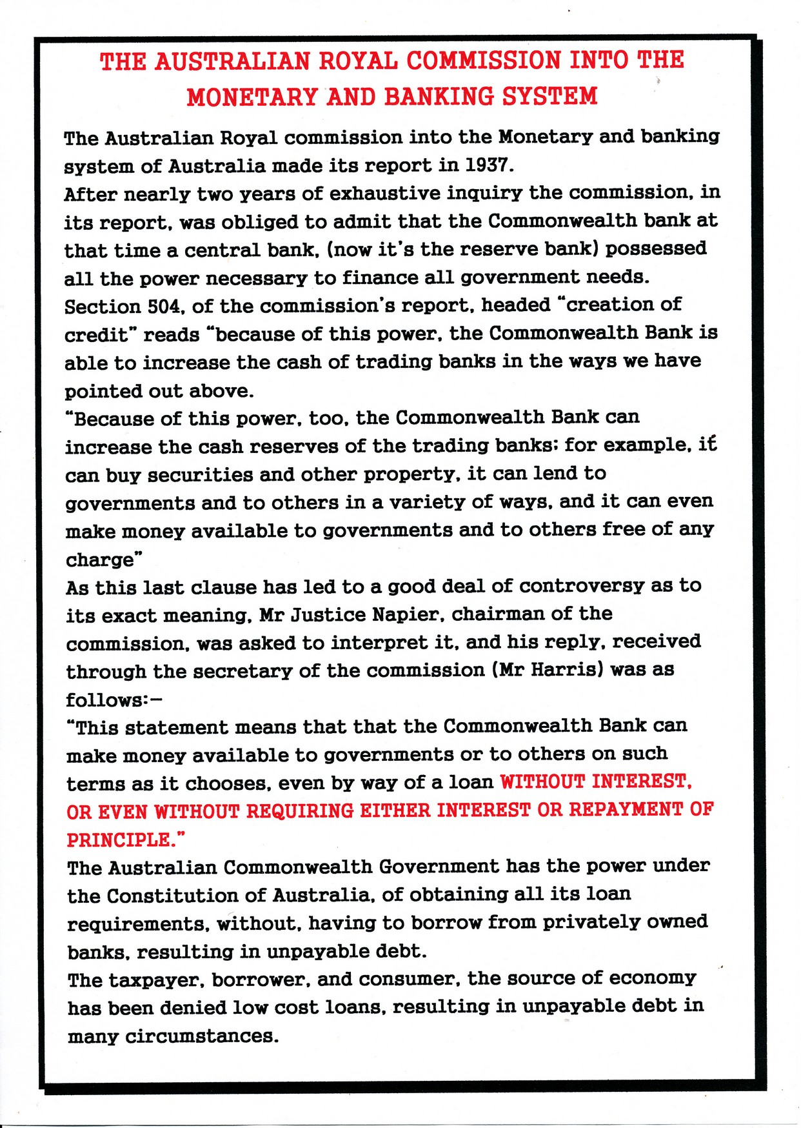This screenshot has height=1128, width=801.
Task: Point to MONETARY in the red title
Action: pyautogui.click(x=252, y=97)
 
